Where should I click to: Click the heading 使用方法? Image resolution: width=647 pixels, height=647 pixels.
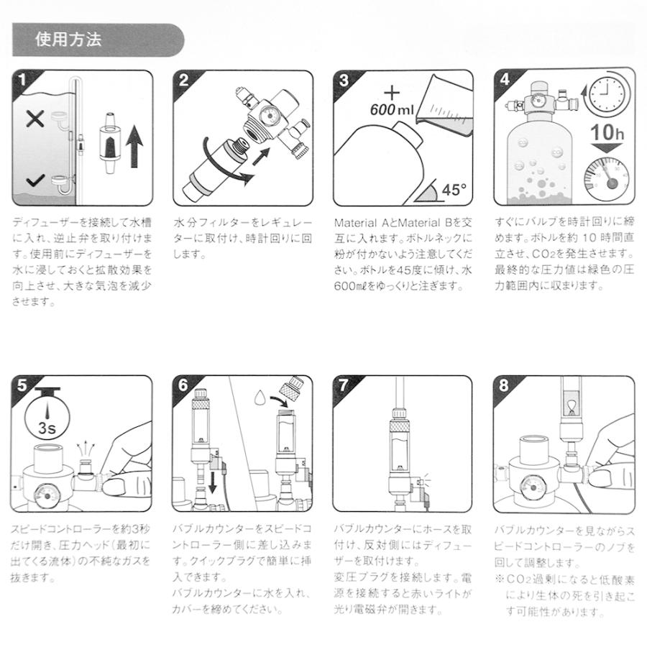pyautogui.click(x=68, y=40)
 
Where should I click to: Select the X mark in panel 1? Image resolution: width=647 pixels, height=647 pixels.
pyautogui.click(x=35, y=119)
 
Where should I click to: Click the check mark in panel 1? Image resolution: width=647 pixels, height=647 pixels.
pyautogui.click(x=35, y=180)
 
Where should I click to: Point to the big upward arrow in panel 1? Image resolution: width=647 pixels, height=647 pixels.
pyautogui.click(x=134, y=147)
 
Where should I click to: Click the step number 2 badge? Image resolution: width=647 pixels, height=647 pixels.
pyautogui.click(x=183, y=80)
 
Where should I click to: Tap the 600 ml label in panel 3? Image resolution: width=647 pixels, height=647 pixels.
pyautogui.click(x=392, y=109)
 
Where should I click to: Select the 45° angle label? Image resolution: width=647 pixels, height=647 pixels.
pyautogui.click(x=454, y=190)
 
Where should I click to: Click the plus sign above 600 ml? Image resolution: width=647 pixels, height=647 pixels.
pyautogui.click(x=392, y=93)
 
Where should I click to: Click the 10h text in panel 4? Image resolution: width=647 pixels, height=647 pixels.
pyautogui.click(x=607, y=132)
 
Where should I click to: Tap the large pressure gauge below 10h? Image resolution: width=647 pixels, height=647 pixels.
pyautogui.click(x=606, y=178)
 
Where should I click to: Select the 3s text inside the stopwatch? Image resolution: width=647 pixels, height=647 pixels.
pyautogui.click(x=47, y=428)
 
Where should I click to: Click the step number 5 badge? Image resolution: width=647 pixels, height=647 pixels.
pyautogui.click(x=22, y=385)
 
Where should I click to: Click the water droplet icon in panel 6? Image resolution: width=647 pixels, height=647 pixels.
pyautogui.click(x=260, y=397)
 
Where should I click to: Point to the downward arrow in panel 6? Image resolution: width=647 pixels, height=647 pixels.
pyautogui.click(x=213, y=482)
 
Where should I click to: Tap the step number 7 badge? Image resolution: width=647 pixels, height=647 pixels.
pyautogui.click(x=344, y=385)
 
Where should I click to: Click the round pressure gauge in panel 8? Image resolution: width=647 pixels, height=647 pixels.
pyautogui.click(x=533, y=487)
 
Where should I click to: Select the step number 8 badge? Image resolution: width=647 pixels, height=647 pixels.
pyautogui.click(x=504, y=385)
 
